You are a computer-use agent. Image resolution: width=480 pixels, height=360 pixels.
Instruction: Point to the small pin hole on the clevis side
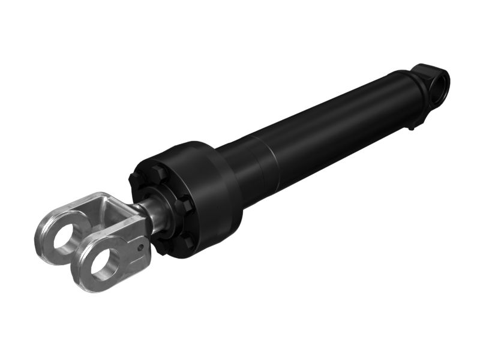140,246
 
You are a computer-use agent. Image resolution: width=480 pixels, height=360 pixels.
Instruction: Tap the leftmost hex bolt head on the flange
134,179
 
